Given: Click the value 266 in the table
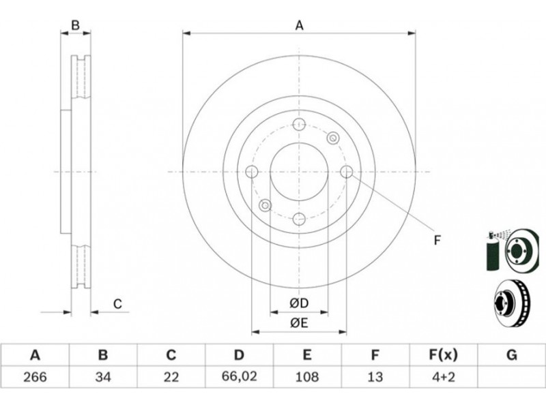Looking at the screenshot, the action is point(35,377).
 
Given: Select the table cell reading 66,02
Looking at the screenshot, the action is point(239,376).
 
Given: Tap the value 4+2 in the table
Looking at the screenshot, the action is point(442,377).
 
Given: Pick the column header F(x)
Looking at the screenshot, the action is point(443,355).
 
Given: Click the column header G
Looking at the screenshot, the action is point(511,355).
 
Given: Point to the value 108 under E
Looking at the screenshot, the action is point(306,377).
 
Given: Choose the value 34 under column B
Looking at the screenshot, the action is point(103,377).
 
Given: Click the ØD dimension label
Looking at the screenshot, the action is point(299,303).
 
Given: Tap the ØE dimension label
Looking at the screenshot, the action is point(299,323).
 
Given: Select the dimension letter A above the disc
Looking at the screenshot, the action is point(300,25).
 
